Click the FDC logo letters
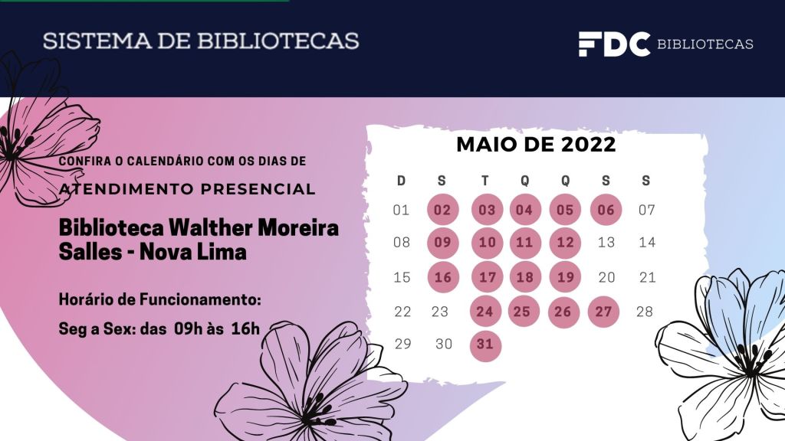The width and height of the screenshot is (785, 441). pos(614,44)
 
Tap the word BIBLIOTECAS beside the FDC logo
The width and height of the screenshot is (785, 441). pos(705,44)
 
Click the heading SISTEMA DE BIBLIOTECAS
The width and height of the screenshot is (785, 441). pos(201,41)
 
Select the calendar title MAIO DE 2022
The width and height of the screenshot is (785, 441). pos(536,144)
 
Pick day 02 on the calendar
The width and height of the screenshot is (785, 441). pos(442,210)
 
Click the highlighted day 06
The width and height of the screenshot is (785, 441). pos(606,210)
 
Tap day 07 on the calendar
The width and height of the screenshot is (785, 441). pos(647,210)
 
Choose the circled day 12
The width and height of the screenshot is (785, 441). pos(565,243)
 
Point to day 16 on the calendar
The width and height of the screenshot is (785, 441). pos(442,277)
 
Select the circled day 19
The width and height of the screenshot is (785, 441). pos(565,277)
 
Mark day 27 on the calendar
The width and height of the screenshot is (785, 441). pos(604,311)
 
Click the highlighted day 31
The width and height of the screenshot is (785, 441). pos(484,345)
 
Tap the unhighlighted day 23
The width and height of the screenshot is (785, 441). pos(440,312)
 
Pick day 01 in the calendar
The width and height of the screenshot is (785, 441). pos(401,210)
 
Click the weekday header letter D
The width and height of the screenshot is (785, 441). pos(401,181)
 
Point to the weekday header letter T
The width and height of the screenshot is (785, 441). pos(484,181)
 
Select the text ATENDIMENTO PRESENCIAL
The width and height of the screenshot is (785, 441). pos(187,189)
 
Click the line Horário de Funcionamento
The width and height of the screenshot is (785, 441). pos(160,299)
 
